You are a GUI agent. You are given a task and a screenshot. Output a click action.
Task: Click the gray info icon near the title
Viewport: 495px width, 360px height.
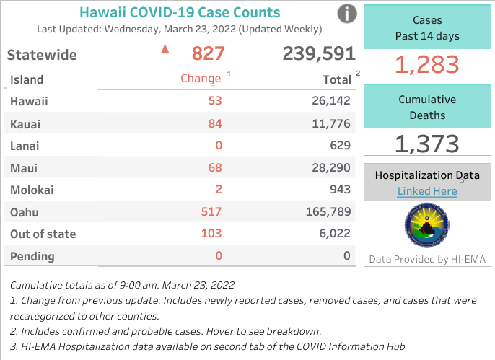point(348,14)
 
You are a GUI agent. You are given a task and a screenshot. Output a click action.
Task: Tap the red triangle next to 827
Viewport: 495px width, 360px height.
point(165,49)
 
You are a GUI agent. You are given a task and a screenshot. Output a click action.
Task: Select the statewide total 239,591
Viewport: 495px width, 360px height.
point(319,54)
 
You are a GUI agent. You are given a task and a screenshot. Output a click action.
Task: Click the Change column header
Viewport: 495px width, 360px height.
point(201,79)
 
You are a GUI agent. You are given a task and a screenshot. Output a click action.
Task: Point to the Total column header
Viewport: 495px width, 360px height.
point(337,79)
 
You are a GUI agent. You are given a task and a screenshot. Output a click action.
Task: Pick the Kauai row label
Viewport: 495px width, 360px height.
point(25,124)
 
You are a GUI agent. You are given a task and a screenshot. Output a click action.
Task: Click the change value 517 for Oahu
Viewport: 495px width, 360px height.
point(209,212)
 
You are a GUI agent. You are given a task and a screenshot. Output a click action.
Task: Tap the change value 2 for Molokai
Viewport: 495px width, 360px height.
point(218,190)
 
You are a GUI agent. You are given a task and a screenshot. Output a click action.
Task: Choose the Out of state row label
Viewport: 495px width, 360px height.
point(43,234)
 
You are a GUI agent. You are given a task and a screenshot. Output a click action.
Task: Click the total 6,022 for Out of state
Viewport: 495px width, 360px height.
point(333,234)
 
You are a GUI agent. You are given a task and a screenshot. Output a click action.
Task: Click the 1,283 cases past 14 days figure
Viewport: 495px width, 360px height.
point(426,64)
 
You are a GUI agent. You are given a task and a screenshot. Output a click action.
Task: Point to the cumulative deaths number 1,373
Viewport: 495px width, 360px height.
point(426,144)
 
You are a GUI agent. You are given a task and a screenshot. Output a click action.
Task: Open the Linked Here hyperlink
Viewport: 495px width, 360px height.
point(426,191)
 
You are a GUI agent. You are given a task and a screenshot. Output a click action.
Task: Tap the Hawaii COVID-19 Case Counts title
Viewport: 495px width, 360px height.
point(180,14)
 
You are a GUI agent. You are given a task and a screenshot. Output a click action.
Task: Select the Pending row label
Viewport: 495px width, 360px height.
point(32,256)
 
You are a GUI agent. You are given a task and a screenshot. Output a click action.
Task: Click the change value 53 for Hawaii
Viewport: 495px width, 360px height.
point(215,101)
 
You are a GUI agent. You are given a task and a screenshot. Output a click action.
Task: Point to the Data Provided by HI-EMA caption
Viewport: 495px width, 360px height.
point(427,259)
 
